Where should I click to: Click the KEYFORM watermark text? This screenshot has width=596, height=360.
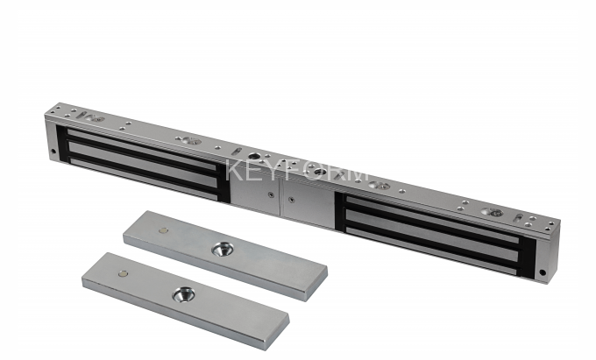pos(296,171)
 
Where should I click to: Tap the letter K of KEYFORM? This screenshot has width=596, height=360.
pos(234,171)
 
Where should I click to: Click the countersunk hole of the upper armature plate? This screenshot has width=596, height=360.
pos(222,249)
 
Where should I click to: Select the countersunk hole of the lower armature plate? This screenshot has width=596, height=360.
pos(183,294)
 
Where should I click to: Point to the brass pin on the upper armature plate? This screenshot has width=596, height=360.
pos(163,230)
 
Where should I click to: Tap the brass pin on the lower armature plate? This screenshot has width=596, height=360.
pos(124,273)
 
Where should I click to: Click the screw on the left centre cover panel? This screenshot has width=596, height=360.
pos(271,194)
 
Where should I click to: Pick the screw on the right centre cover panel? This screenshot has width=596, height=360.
pos(291,200)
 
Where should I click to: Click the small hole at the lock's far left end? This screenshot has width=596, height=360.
pos(53,152)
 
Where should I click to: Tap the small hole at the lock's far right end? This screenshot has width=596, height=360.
pos(543,272)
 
